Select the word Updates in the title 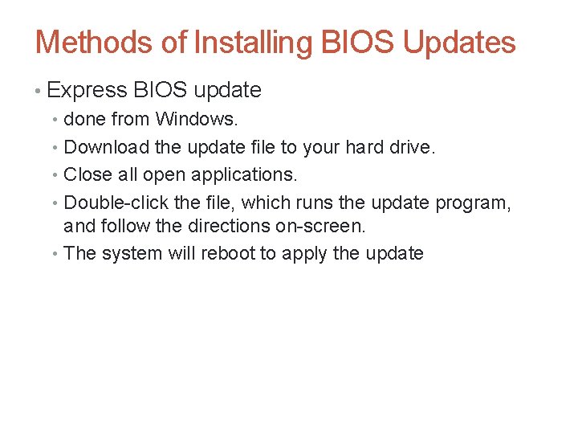coord(459,42)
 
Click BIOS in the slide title coord(357,42)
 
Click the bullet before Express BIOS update coord(39,91)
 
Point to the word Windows coord(197,120)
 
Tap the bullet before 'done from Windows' coord(55,121)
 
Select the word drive coord(410,147)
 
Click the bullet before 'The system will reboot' coord(55,254)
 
